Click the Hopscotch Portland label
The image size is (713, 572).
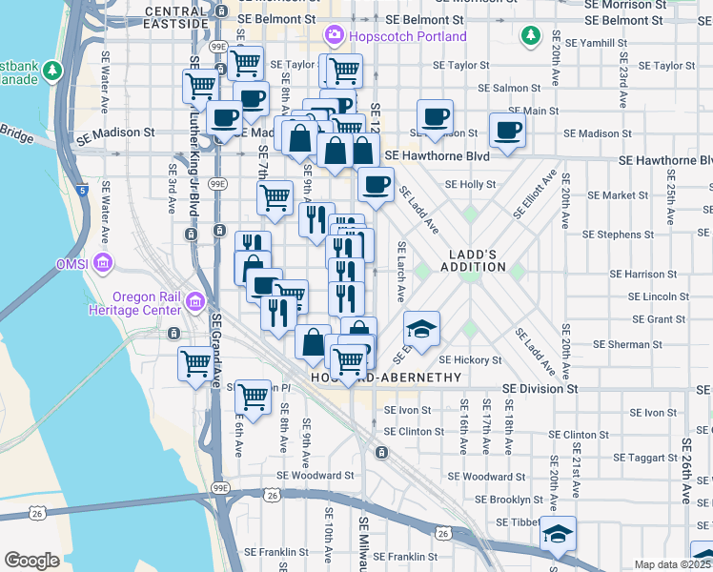pos(407,36)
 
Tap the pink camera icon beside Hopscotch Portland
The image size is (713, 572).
pos(334,36)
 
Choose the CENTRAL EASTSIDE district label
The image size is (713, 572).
pos(176,16)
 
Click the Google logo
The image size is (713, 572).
pos(32,560)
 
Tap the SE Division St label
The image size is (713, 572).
pos(540,389)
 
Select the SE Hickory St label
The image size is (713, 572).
pos(470,360)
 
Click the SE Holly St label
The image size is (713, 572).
pos(471,184)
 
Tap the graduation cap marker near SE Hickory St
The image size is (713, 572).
pos(421,330)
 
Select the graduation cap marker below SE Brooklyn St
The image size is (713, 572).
pos(558,534)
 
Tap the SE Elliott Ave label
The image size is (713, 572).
pos(535,194)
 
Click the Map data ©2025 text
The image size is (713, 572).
pos(672,564)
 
